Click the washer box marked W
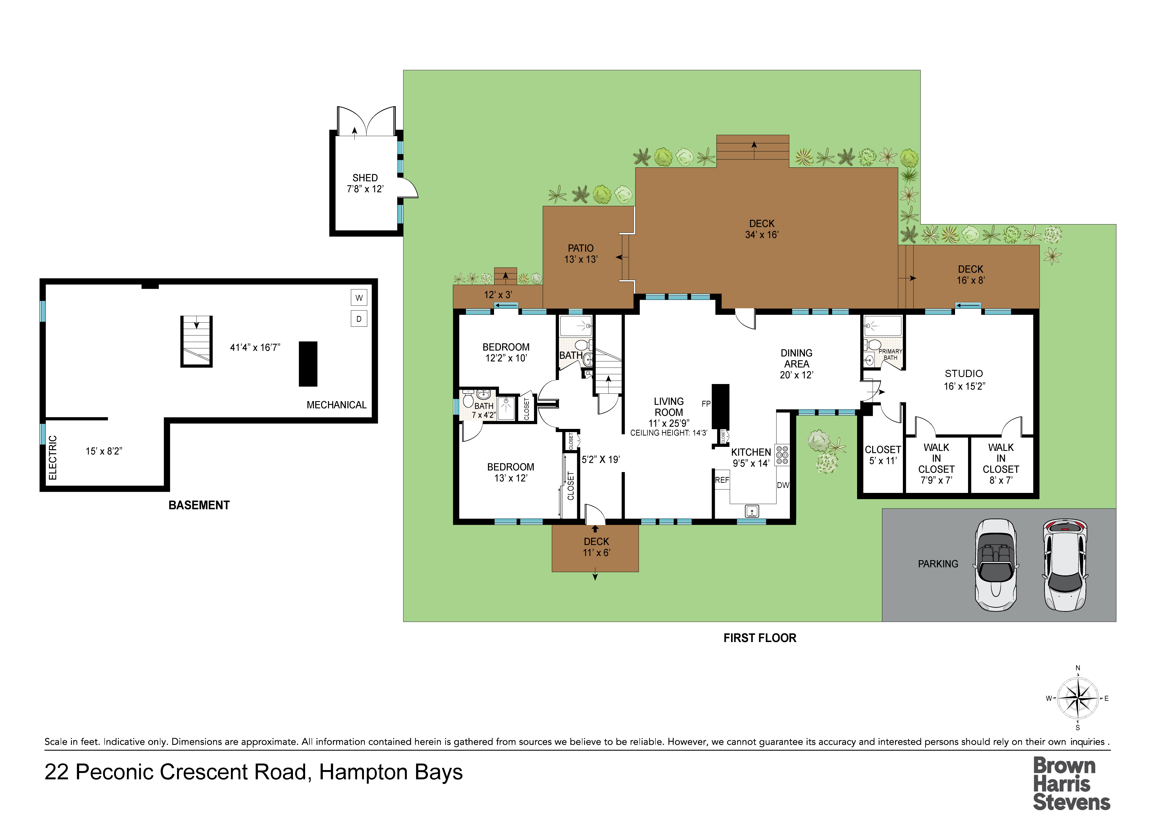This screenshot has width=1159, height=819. pos(359,298)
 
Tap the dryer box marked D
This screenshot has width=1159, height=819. pos(359,319)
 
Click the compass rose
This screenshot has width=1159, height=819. pos(1078,699)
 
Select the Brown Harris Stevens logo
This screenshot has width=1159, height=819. pos(1071,784)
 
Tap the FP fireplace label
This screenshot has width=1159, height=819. pos(706,404)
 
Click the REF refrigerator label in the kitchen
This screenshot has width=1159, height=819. pos(722,480)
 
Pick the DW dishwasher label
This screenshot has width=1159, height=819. pos(783,485)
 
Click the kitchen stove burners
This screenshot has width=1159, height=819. pos(782,455)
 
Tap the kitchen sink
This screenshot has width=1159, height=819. pos(752,512)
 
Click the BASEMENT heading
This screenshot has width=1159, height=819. pos(199,505)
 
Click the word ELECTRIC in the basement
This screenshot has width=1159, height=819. pos(52,458)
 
